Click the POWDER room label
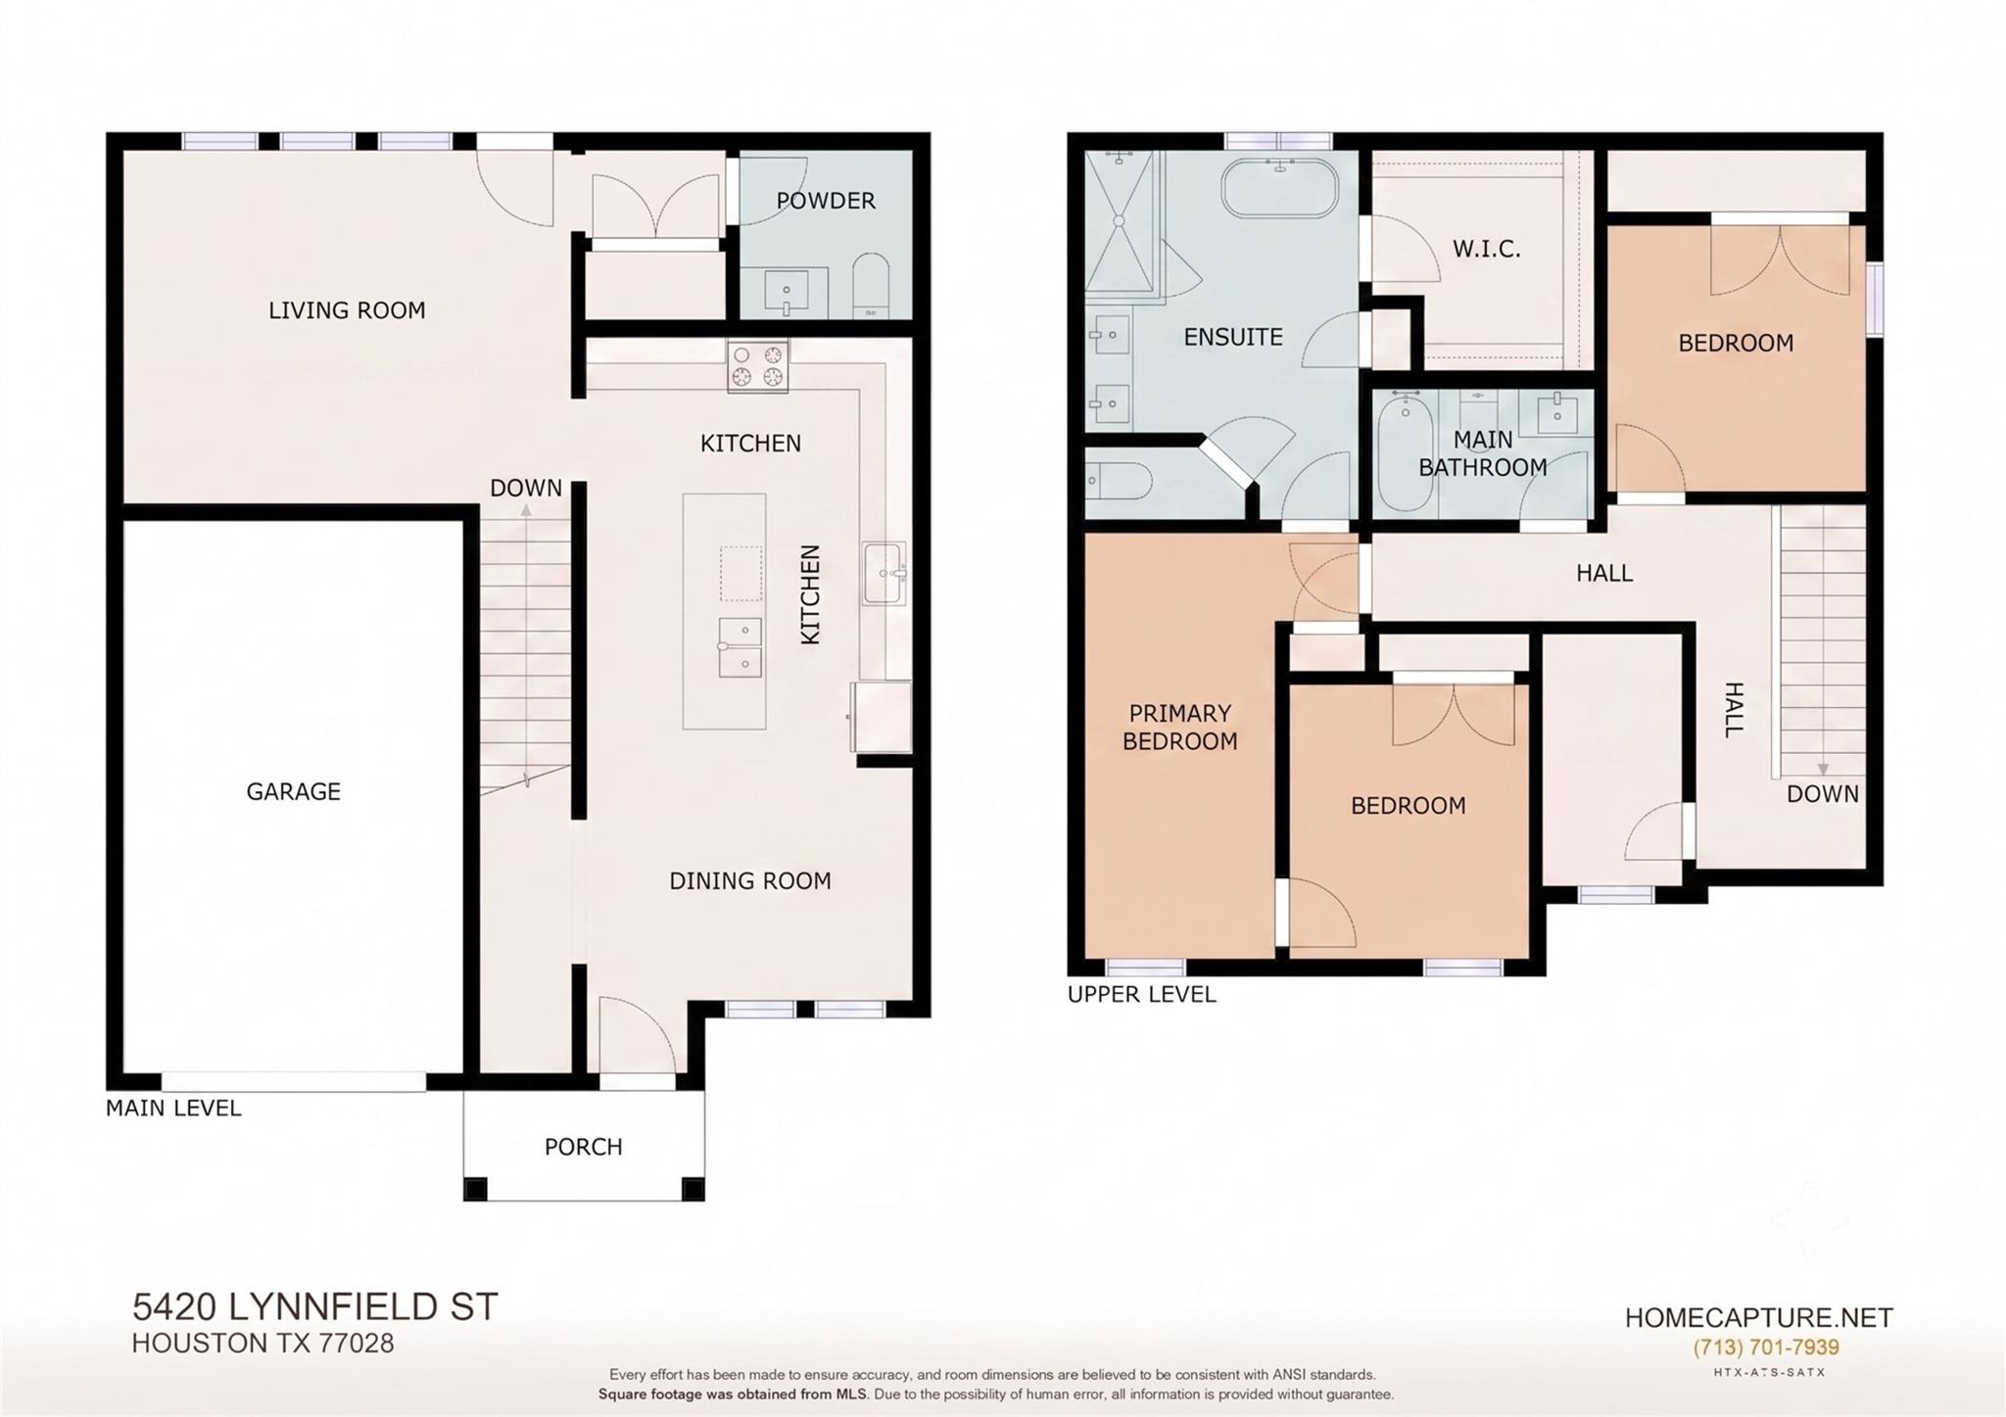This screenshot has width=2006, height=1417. [x=826, y=201]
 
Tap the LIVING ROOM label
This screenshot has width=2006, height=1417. [x=348, y=310]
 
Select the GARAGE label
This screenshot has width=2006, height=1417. [x=294, y=791]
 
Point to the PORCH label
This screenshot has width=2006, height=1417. [x=584, y=1147]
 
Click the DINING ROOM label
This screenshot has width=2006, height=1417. [x=750, y=881]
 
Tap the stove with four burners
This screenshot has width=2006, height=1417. [x=757, y=366]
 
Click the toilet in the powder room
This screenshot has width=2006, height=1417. [x=870, y=286]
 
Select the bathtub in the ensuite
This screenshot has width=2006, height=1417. [x=1279, y=189]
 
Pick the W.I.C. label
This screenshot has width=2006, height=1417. [x=1487, y=249]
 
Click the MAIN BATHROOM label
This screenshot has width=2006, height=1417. [x=1483, y=453]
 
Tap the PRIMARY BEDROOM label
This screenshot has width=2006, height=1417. [x=1179, y=728]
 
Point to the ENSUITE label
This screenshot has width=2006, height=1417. [x=1233, y=337]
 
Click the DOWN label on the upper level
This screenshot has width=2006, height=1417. [x=1823, y=794]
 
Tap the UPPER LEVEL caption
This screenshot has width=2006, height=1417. [x=1142, y=995]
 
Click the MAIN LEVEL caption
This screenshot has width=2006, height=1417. [x=173, y=1109]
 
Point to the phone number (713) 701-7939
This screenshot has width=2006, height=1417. [x=1766, y=1347]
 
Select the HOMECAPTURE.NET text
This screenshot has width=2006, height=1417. [x=1759, y=1318]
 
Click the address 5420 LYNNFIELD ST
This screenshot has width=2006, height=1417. [x=315, y=1307]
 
